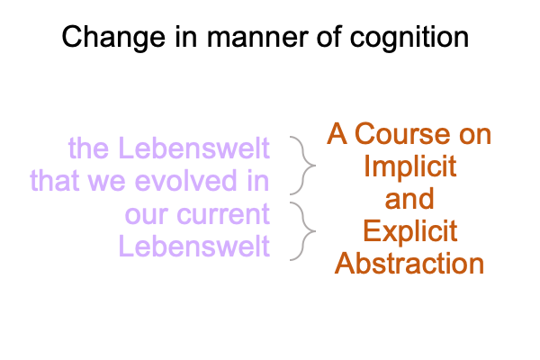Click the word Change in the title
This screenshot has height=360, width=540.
[x=113, y=38]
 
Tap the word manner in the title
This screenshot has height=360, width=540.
[x=257, y=37]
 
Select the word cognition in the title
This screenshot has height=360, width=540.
[x=409, y=38]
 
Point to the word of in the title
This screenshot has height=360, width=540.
[x=328, y=36]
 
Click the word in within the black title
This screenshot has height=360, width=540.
[x=186, y=37]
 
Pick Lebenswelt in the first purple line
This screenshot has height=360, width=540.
[x=193, y=148]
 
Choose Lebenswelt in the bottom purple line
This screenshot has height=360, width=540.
[x=193, y=246]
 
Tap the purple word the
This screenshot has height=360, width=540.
[x=88, y=148]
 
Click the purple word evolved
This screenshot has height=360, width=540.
[x=185, y=181]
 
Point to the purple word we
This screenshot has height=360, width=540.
[x=107, y=184]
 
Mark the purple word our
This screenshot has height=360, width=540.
[x=146, y=216]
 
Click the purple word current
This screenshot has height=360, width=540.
[x=223, y=214]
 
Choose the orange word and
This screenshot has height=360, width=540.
[x=409, y=199]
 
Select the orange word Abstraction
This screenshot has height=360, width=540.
[x=409, y=264]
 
